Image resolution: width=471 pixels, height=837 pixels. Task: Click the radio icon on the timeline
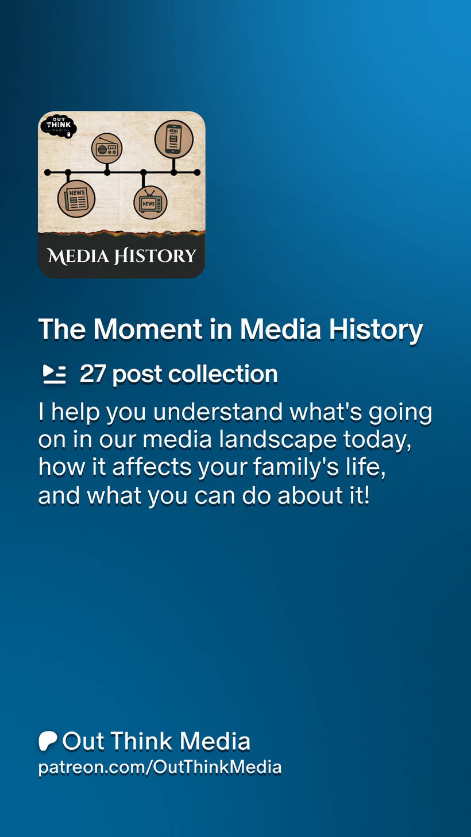click(107, 148)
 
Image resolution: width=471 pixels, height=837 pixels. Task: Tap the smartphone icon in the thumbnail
click(174, 139)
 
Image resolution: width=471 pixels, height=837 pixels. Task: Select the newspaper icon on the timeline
click(76, 199)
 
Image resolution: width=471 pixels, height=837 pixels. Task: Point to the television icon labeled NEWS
click(150, 203)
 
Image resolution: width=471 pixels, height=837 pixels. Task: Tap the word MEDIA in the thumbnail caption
click(78, 256)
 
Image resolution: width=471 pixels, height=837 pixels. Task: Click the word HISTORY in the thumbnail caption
click(155, 256)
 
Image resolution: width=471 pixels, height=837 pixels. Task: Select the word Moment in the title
click(148, 329)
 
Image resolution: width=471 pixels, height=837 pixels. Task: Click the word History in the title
click(376, 330)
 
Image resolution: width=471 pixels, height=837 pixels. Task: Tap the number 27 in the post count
click(92, 374)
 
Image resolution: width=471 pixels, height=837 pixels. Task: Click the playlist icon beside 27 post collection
click(55, 374)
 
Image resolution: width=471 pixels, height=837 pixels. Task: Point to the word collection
click(223, 374)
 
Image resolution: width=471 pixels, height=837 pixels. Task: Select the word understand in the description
click(218, 412)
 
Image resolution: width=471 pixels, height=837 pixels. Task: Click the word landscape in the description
click(278, 440)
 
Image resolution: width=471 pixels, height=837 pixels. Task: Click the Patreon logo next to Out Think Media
click(48, 741)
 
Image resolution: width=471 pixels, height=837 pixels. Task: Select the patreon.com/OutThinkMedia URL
click(160, 768)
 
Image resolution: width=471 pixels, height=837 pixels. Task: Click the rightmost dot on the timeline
click(197, 172)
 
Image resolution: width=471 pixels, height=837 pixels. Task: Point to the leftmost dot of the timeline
click(48, 172)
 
